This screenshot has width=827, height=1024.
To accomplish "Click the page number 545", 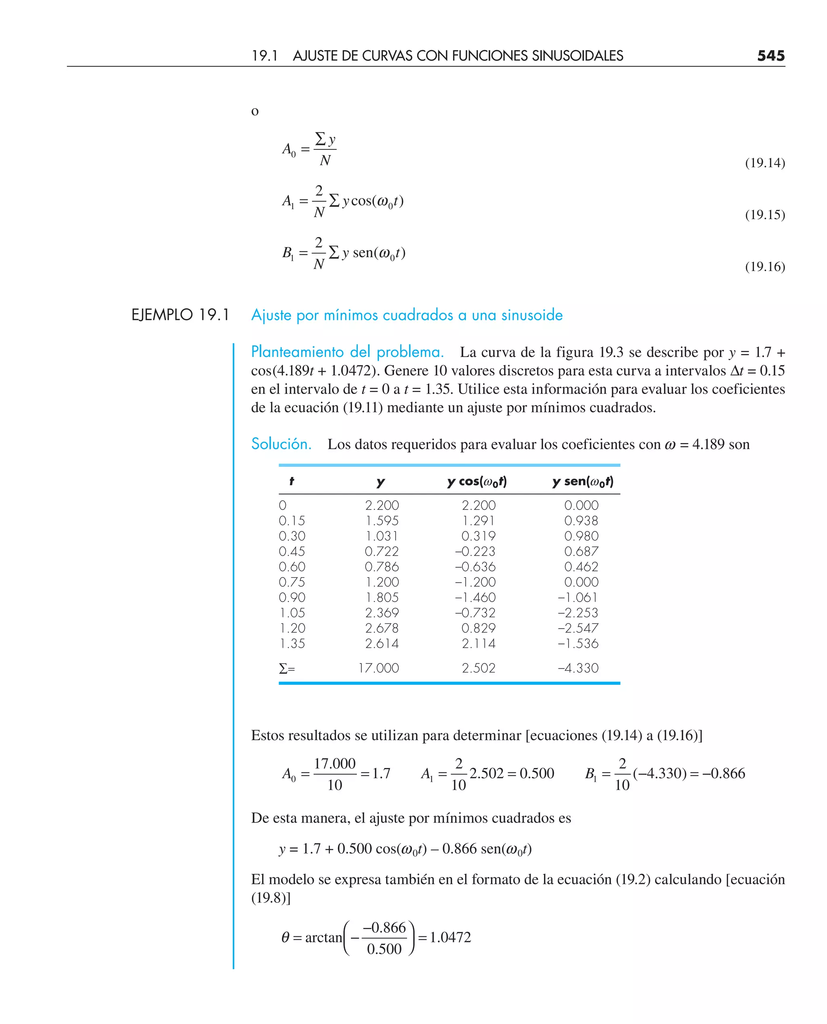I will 771,56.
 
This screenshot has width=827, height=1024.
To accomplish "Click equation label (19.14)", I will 764,163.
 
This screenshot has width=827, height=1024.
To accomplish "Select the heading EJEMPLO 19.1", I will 181,315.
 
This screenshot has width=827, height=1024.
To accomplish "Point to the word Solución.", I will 281,444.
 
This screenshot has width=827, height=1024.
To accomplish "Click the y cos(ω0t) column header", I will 477,482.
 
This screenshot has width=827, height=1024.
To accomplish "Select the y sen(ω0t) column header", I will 583,482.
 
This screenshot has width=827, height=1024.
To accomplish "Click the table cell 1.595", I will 382,520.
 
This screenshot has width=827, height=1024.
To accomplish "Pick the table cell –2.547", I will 578,628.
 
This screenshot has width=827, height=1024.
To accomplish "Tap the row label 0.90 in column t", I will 292,597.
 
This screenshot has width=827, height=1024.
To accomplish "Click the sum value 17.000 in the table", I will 378,668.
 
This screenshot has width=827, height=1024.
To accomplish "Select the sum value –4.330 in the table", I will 578,668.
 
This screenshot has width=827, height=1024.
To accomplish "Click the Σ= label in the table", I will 287,669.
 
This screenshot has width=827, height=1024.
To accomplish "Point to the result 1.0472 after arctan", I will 450,937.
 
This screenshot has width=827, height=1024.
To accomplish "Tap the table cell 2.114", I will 478,644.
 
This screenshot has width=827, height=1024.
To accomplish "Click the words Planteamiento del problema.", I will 347,352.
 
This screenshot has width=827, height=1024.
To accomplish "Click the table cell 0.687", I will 581,551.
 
